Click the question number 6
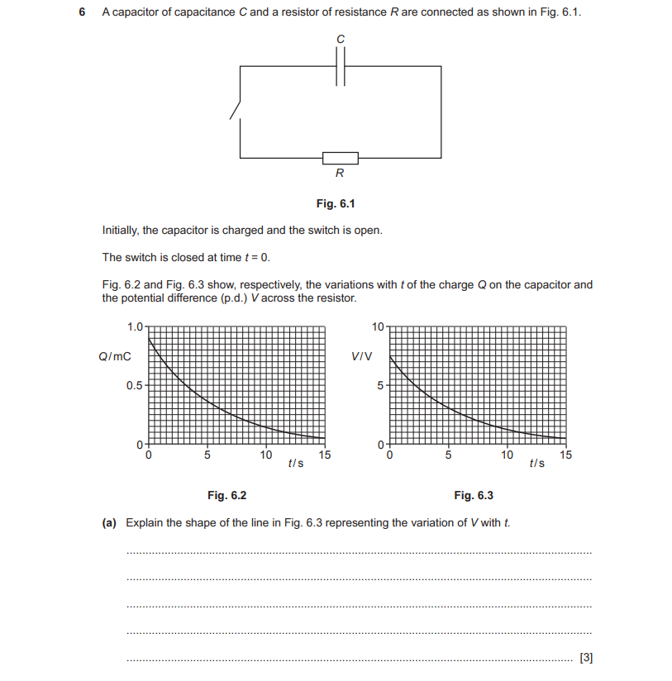click(x=81, y=13)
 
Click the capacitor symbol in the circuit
click(x=341, y=67)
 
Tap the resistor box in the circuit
click(x=340, y=157)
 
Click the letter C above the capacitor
click(x=340, y=40)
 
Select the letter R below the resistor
click(x=340, y=174)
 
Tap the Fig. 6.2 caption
click(x=226, y=496)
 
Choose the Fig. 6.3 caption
click(x=473, y=496)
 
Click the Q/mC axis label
click(x=115, y=357)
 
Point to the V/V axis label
click(x=360, y=357)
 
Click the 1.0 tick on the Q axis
click(x=135, y=326)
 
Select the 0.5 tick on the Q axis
click(x=135, y=385)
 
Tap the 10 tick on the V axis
click(x=378, y=326)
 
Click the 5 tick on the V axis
click(x=380, y=385)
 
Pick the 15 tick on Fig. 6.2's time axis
click(x=325, y=455)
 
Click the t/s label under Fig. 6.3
click(x=536, y=464)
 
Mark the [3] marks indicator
click(x=586, y=658)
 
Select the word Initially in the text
click(x=122, y=230)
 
